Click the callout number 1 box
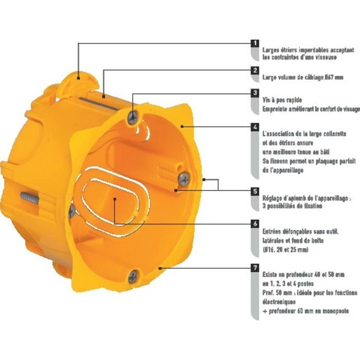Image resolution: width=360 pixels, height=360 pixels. click(x=255, y=43)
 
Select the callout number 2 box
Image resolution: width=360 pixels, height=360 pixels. click(x=255, y=70)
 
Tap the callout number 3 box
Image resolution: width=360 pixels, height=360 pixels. click(x=255, y=94)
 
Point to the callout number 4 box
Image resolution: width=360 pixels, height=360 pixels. click(x=255, y=126)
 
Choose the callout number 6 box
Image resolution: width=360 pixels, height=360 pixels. click(x=255, y=224)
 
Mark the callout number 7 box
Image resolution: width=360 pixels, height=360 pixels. click(x=255, y=268)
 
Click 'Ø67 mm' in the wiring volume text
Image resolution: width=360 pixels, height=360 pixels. click(x=328, y=77)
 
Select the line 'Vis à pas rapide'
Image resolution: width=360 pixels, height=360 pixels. click(x=282, y=100)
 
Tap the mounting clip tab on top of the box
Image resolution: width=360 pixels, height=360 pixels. click(x=77, y=78)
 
